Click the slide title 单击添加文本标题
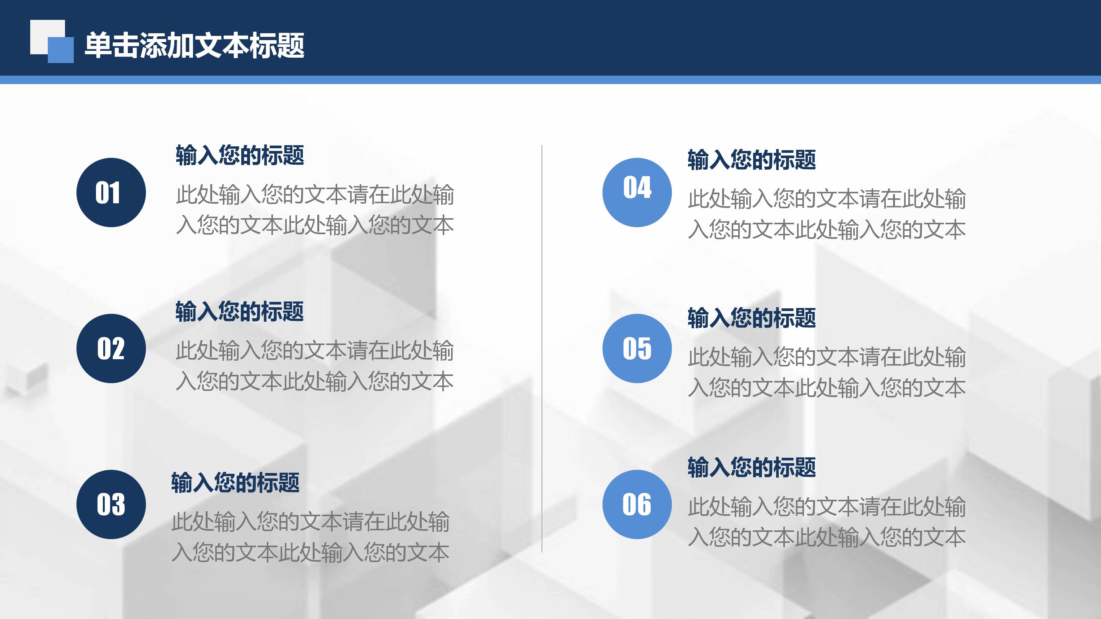coord(195,45)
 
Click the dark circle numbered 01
coord(111,192)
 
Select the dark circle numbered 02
coord(111,348)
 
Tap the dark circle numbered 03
coord(111,504)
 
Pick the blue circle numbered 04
coord(637,192)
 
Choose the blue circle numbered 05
coord(637,348)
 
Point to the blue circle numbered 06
coord(637,504)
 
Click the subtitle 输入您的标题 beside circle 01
coord(240,155)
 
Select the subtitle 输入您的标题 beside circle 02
coord(240,311)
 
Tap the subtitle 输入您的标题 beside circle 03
coord(235,483)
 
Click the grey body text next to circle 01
coord(315,210)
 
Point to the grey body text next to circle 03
coord(311,537)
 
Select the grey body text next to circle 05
coord(827,372)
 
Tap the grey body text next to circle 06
coord(827,522)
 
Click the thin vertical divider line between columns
coord(542,348)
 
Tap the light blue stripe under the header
coord(550,80)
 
